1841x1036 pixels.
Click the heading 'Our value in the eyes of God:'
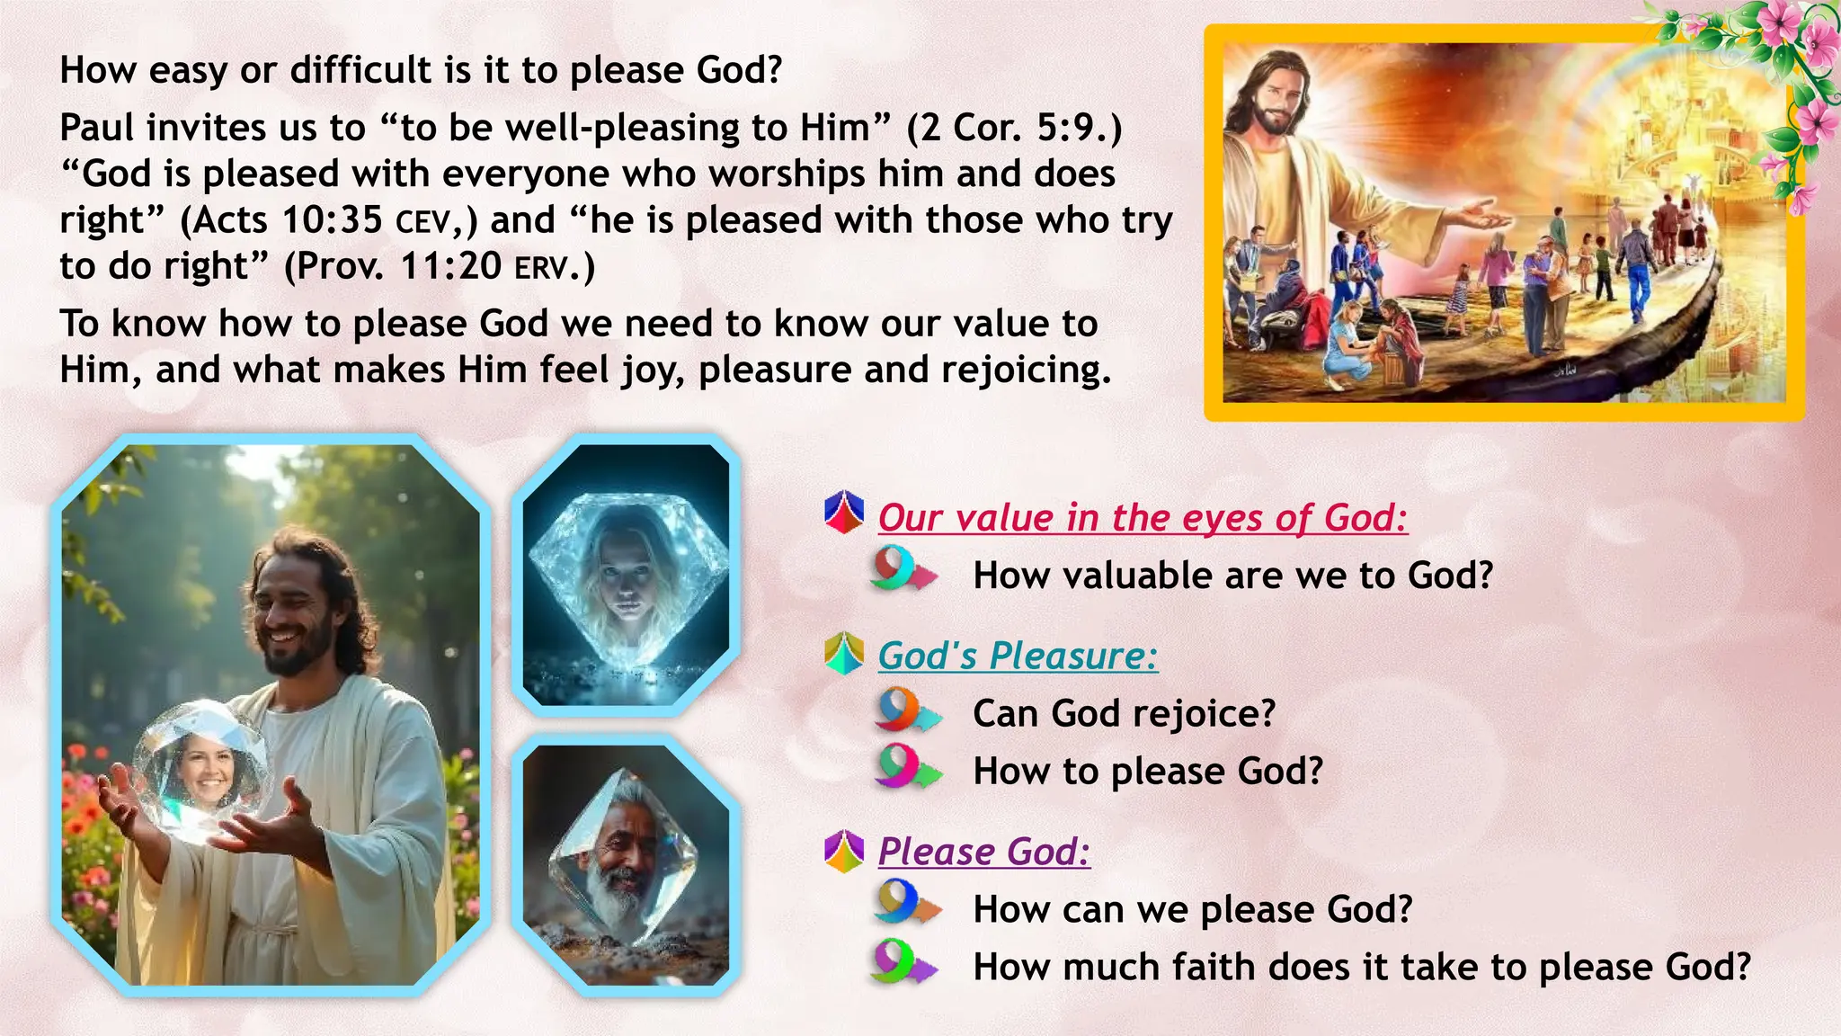[x=1143, y=518]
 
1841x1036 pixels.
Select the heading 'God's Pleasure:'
[x=1018, y=656]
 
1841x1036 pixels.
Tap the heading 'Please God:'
[x=983, y=851]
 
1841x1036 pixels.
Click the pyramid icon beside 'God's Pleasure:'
[x=844, y=654]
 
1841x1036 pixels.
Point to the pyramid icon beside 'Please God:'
[x=844, y=851]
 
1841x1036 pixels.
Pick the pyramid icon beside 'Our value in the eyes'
[x=844, y=513]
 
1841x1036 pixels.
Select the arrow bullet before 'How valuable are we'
[x=903, y=570]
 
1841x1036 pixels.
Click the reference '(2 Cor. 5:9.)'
[x=1015, y=128]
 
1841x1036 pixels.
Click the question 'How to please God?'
[x=1148, y=772]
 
